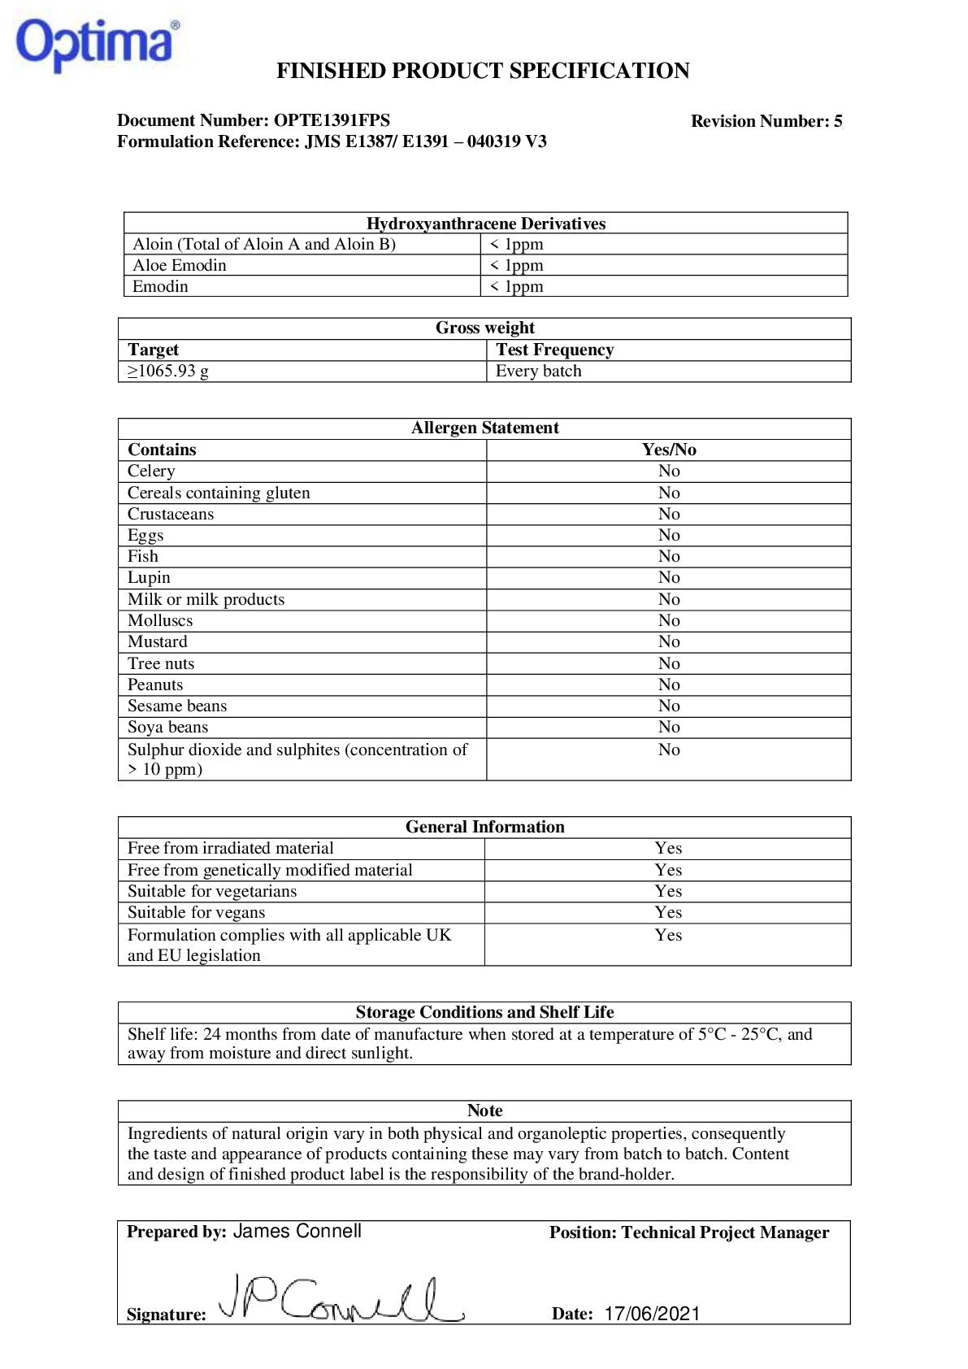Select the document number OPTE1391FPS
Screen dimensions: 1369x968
[x=332, y=120]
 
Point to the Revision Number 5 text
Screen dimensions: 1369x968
[x=766, y=121]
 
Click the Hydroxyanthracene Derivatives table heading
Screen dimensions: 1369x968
[x=485, y=224]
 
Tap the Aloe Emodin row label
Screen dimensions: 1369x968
[x=180, y=265]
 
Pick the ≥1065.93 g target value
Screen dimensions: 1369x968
[x=168, y=372]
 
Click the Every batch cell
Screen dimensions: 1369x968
[x=539, y=372]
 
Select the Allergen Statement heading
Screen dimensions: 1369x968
[x=484, y=428]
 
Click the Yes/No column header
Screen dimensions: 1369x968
[x=669, y=450]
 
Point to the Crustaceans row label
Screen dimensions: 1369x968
[x=171, y=514]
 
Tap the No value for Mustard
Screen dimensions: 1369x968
[x=669, y=641]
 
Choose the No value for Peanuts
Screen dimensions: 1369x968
[x=669, y=684]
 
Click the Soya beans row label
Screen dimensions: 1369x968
[x=167, y=727]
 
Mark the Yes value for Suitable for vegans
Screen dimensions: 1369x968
[x=668, y=912]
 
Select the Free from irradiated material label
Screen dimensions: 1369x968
[x=231, y=848]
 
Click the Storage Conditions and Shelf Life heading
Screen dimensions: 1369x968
[x=484, y=1012]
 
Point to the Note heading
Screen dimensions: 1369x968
[x=484, y=1110]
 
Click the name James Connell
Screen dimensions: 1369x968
[x=297, y=1231]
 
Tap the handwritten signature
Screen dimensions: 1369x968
[x=341, y=1299]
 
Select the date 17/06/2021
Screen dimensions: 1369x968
[x=652, y=1314]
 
